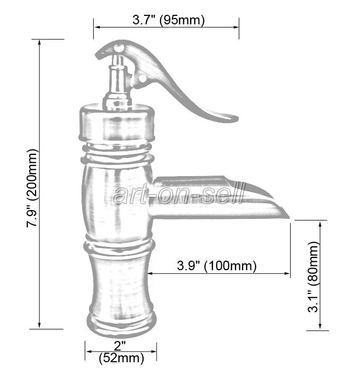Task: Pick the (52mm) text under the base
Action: pyautogui.click(x=121, y=359)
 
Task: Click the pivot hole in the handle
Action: pyautogui.click(x=142, y=79)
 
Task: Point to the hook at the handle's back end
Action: pyautogui.click(x=101, y=53)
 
